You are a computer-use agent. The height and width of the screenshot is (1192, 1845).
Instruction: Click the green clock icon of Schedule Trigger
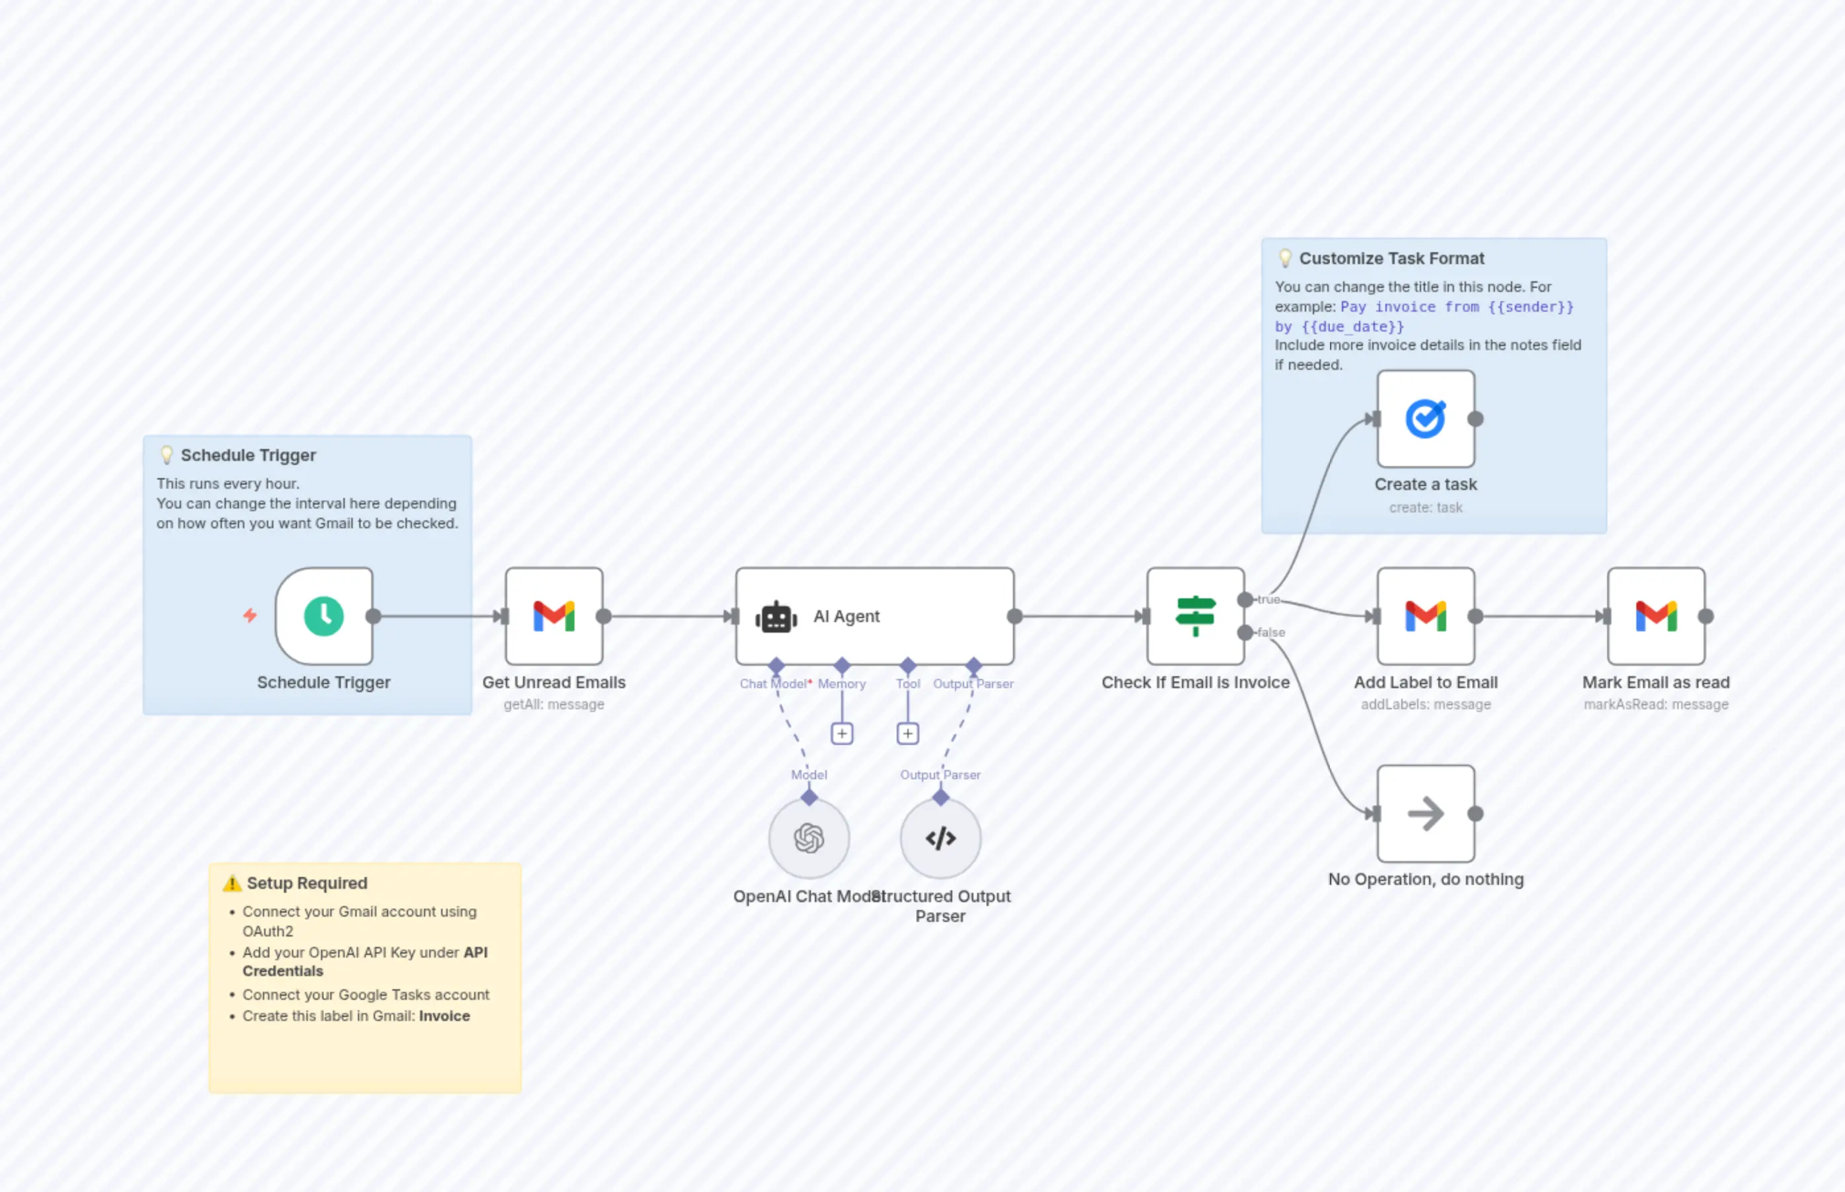(x=324, y=616)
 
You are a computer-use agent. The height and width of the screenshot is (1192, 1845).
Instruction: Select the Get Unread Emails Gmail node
(x=554, y=616)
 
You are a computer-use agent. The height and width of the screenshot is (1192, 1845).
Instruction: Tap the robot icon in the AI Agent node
(x=775, y=617)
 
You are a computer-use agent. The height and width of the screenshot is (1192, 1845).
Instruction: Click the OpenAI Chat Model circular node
(x=809, y=838)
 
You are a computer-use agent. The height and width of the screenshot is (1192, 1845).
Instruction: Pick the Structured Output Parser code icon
(x=940, y=838)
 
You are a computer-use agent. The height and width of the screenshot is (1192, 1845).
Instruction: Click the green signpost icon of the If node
(x=1196, y=616)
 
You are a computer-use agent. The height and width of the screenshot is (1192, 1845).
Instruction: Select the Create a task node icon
(x=1426, y=419)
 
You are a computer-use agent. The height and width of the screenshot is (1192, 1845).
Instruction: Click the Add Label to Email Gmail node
(x=1426, y=616)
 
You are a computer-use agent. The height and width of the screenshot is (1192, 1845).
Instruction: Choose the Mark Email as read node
(x=1655, y=616)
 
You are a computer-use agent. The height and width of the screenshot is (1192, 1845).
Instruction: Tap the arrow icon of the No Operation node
(x=1426, y=814)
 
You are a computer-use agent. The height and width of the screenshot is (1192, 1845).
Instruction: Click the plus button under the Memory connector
(x=842, y=733)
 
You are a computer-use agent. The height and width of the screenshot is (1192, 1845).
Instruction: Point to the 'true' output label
(x=1269, y=599)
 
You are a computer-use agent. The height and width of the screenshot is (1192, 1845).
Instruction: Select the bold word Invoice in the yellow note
(x=444, y=1016)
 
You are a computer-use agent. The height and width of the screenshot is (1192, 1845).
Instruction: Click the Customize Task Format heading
(x=1391, y=258)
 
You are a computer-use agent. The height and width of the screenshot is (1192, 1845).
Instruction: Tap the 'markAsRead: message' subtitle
(x=1655, y=705)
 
